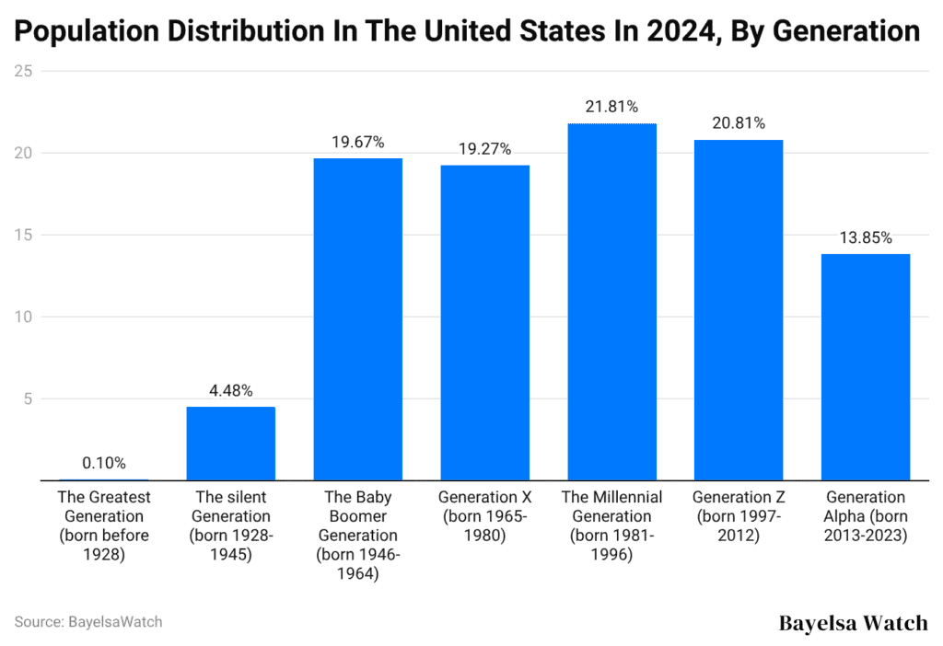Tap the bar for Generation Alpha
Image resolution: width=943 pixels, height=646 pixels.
pos(865,367)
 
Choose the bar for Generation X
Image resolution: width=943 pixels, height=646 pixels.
pos(484,323)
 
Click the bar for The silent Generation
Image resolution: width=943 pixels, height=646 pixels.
pos(230,444)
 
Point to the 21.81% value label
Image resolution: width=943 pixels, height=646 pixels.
pos(611,107)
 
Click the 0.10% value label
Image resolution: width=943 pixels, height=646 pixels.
pos(104,463)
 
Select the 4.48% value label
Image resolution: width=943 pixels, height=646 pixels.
pos(230,390)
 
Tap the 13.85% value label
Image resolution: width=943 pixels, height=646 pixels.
pos(865,237)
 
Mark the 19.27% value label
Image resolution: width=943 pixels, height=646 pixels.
pos(484,149)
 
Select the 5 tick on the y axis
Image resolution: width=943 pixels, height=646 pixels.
pos(29,399)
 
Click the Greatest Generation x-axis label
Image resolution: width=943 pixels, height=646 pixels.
pos(104,525)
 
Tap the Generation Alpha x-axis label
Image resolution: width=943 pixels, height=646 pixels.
pos(865,516)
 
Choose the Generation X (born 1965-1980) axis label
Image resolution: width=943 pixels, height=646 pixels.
pos(484,516)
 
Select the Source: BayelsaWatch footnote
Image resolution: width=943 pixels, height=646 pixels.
pos(88,622)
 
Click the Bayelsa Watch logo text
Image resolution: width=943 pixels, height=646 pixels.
pos(853,623)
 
